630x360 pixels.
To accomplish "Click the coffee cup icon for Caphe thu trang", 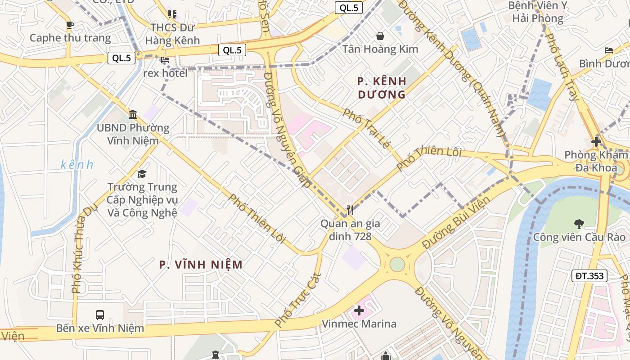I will [x=69, y=25].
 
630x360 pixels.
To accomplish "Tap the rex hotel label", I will [x=165, y=73].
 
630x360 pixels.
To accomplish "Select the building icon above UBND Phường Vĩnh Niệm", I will [x=133, y=114].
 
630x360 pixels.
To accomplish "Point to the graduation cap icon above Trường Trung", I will [x=142, y=174].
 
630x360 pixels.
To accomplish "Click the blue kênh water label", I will [x=77, y=165].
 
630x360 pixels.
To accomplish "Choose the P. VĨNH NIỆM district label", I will [x=201, y=265].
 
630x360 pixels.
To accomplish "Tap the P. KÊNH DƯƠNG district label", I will [x=382, y=88].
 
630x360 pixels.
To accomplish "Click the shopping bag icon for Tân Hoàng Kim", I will [x=380, y=36].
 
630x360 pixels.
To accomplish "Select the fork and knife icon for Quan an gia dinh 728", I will [x=350, y=210].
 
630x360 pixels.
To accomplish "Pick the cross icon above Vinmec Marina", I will [x=359, y=310].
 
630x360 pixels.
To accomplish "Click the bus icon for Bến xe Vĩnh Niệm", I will [x=100, y=315].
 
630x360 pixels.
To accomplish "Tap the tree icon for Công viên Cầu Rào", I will [x=579, y=223].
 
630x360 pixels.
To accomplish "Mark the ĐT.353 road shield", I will [x=589, y=276].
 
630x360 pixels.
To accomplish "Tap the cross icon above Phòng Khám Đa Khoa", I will [x=596, y=142].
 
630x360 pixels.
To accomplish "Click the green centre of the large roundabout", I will [x=397, y=264].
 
